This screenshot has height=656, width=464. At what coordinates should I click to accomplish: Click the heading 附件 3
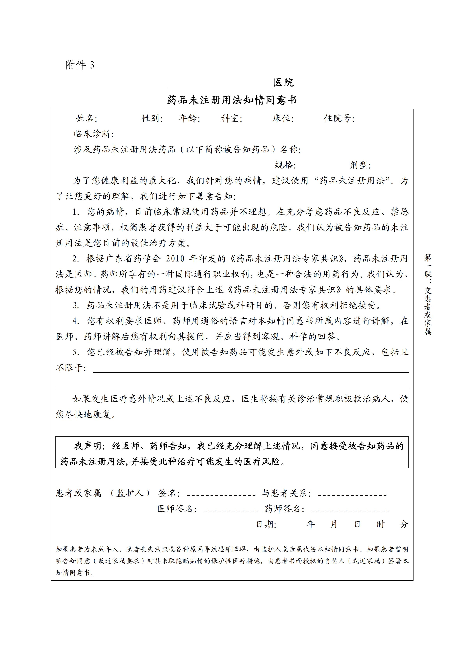click(80, 65)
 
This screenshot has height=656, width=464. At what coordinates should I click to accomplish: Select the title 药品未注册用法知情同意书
click(232, 100)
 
